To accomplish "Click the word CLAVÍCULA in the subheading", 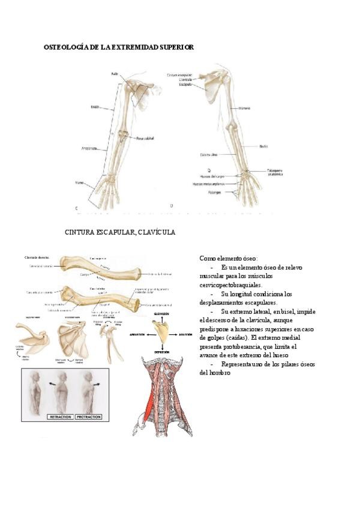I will click(155, 232).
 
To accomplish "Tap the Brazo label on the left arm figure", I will click(95, 107).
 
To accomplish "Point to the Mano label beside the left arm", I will click(79, 182).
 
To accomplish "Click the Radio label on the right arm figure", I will click(263, 146).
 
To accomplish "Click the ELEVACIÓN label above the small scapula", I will click(161, 314).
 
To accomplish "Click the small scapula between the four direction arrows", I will click(161, 331).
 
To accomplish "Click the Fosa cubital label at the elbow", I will click(145, 137).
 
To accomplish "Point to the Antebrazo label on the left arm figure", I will click(89, 148).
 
